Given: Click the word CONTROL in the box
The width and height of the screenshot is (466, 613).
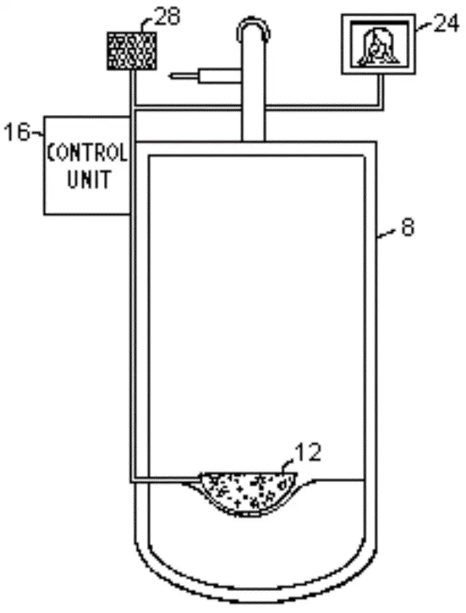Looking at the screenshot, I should tap(87, 154).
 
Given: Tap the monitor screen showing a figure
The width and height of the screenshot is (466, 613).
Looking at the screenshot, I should tap(377, 45).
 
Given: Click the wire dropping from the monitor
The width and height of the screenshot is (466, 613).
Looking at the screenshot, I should tap(381, 90).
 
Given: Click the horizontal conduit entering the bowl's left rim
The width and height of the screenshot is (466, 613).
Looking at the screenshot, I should tap(166, 477).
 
